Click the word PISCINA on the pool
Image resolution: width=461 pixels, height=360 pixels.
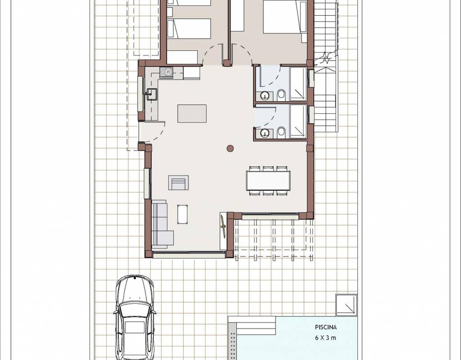pyautogui.click(x=326, y=327)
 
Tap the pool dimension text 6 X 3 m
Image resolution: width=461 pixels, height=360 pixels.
pyautogui.click(x=325, y=337)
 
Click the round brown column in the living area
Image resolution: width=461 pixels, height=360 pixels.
pyautogui.click(x=230, y=148)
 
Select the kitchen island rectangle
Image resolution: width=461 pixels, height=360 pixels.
pyautogui.click(x=192, y=113)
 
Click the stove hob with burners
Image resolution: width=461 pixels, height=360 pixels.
pyautogui.click(x=166, y=72)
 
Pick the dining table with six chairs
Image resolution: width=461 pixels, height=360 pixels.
pyautogui.click(x=268, y=181)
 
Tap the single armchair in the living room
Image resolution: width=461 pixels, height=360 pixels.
pyautogui.click(x=178, y=183)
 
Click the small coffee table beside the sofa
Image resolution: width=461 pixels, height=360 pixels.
pyautogui.click(x=183, y=214)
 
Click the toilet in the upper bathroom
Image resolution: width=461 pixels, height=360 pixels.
pyautogui.click(x=281, y=95)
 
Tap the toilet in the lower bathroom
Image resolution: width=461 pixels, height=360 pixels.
pyautogui.click(x=281, y=132)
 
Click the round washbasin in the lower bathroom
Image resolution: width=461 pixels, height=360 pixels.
pyautogui.click(x=265, y=133)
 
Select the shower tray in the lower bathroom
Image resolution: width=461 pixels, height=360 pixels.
pyautogui.click(x=298, y=121)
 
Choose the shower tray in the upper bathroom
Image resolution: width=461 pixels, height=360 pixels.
pyautogui.click(x=298, y=84)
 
